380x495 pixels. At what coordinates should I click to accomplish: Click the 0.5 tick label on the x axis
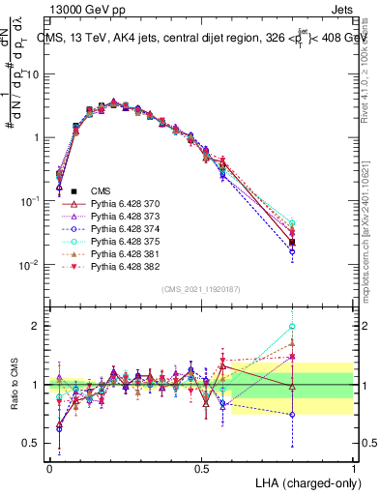tap(201, 468)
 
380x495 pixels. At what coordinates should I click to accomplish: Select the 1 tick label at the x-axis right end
tap(353, 468)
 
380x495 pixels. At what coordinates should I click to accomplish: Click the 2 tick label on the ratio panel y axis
tap(37, 326)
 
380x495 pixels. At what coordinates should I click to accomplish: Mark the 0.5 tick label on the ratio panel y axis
tap(32, 444)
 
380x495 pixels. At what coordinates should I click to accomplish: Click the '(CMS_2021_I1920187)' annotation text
tap(200, 289)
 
